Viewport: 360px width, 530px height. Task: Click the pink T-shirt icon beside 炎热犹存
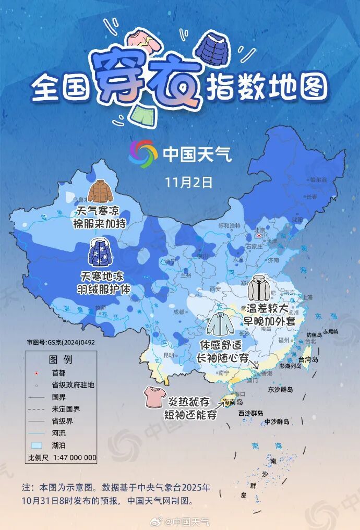point(154,397)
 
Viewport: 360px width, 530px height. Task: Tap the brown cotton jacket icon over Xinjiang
point(100,191)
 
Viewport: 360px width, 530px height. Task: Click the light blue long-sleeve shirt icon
point(220,324)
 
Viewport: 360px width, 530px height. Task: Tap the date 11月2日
point(189,182)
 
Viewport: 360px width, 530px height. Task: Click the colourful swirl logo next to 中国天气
point(143,154)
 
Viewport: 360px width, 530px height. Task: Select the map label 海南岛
point(233,402)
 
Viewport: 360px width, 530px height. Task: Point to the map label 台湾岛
point(308,359)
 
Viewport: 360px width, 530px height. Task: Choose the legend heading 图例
point(61,360)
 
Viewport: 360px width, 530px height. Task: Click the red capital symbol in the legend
point(36,374)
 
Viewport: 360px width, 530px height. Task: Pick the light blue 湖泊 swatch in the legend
point(37,445)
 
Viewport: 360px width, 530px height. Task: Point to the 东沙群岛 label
point(281,390)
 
